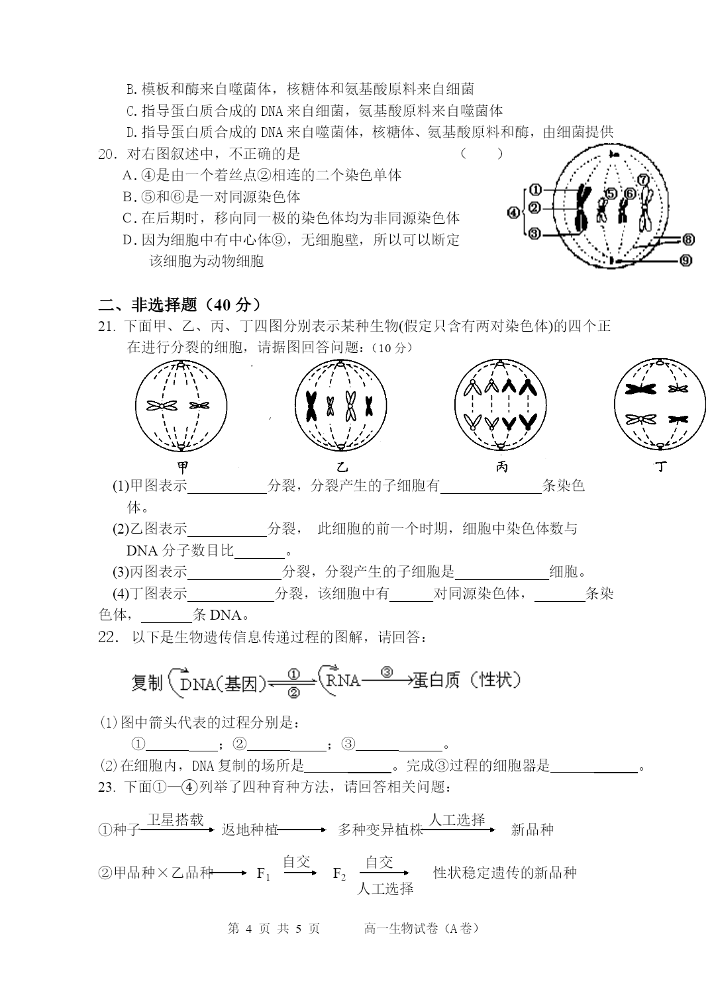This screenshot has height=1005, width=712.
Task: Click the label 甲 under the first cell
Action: (183, 468)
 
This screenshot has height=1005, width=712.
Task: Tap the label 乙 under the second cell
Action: (342, 467)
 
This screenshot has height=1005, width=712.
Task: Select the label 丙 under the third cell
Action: (502, 467)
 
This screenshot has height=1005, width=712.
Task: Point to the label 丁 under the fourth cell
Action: (660, 467)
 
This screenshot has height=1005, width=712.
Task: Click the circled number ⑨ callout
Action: (686, 261)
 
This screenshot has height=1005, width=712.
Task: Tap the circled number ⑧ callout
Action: (686, 240)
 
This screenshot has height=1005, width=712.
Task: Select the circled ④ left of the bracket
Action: (513, 213)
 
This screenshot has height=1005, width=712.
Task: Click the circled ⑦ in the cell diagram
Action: (642, 179)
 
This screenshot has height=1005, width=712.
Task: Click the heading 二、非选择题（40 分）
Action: (179, 305)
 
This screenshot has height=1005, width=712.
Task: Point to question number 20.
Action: (107, 154)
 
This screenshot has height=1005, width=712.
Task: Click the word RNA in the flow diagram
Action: (342, 680)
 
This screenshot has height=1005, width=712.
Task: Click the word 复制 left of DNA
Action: (146, 683)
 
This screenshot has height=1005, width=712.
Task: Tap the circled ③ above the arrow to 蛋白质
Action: (387, 673)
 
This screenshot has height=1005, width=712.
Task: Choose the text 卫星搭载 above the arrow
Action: (175, 820)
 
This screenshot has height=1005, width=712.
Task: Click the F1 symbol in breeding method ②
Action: (264, 874)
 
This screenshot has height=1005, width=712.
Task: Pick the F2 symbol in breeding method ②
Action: (339, 874)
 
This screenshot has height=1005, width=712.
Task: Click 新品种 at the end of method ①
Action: (532, 830)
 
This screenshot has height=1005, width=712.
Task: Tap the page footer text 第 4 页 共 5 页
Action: (274, 928)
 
